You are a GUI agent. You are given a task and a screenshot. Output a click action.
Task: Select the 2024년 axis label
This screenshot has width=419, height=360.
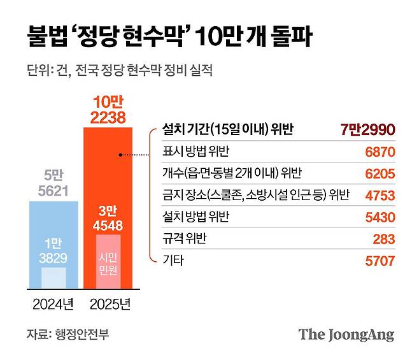coord(53,303)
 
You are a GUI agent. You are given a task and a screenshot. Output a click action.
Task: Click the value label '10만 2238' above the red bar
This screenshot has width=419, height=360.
coord(108,108)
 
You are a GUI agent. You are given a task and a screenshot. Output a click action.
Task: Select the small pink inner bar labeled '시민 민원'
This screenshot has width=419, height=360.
coord(108,261)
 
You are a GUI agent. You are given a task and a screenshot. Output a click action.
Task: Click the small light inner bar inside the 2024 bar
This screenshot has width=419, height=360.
coord(54,278)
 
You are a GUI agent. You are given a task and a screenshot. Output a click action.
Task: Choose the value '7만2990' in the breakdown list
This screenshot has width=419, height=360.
coord(368,131)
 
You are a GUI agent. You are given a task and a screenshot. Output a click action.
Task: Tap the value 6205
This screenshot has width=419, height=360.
coord(381,174)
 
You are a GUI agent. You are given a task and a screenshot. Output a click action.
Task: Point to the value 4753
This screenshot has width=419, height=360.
coord(381,196)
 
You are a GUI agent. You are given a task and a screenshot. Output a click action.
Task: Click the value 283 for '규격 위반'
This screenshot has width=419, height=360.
coord(385,239)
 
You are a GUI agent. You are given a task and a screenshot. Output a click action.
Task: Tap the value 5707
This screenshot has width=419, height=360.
coord(381,261)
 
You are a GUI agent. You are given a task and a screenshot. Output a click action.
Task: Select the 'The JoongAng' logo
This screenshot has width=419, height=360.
coord(346,335)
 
